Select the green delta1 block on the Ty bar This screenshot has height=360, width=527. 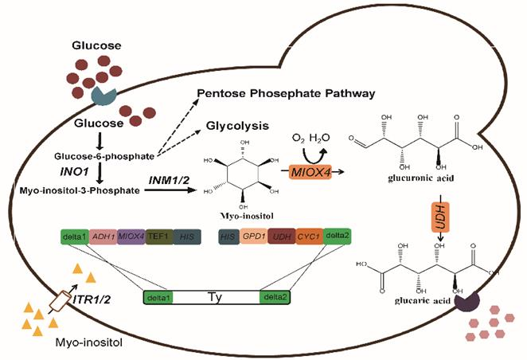tap(162, 298)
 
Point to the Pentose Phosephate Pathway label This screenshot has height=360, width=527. tap(290, 93)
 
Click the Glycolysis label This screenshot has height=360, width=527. tap(236, 126)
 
